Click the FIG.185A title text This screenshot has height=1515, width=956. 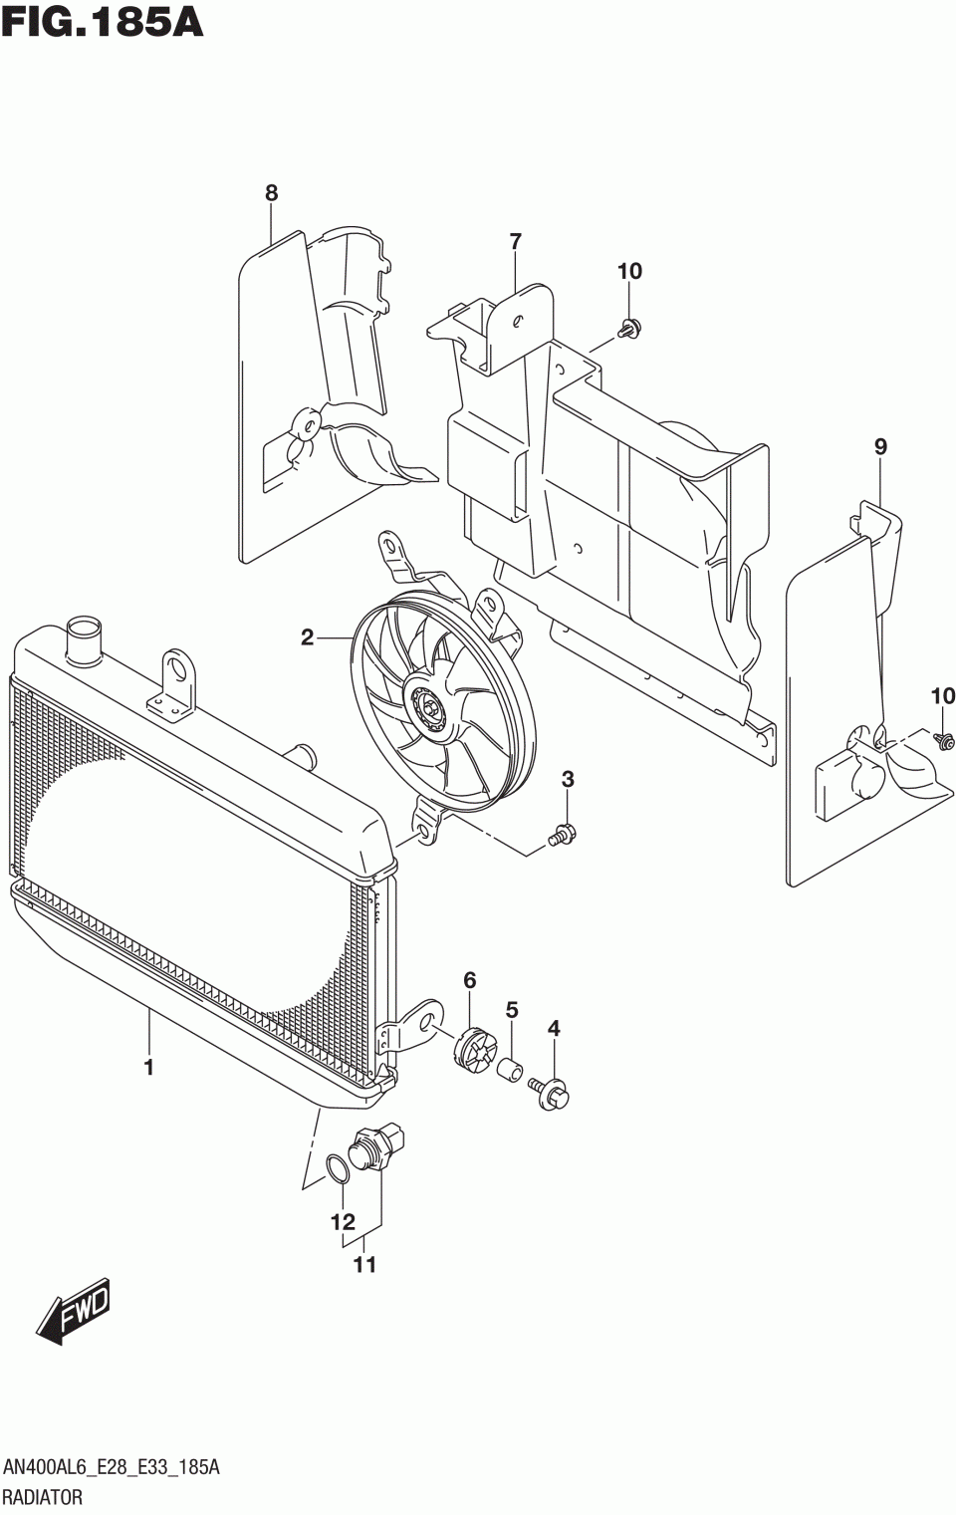(x=103, y=22)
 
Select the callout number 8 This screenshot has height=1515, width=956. (x=272, y=193)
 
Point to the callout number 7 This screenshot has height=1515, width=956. (x=515, y=241)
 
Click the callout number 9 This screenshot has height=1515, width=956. (x=880, y=447)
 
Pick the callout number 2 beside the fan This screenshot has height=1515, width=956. (x=308, y=636)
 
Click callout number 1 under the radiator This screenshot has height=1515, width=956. (x=149, y=1068)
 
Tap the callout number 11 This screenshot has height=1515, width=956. (x=364, y=1265)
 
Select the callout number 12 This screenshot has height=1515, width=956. (x=343, y=1221)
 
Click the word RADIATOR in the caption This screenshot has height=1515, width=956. (x=43, y=1497)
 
